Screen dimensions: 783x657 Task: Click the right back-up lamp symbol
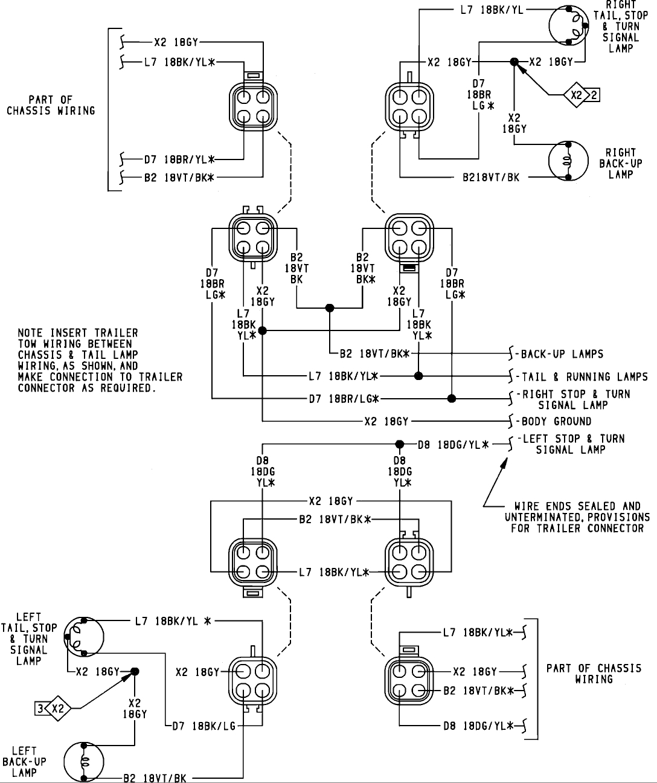(568, 161)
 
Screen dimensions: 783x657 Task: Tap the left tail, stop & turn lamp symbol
(83, 636)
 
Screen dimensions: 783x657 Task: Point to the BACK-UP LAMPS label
(562, 354)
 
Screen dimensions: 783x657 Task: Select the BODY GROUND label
(556, 421)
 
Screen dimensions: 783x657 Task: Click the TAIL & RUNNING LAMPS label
(584, 376)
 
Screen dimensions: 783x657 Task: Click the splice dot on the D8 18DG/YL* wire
(399, 444)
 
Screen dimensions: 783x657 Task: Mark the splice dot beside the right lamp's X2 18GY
(514, 62)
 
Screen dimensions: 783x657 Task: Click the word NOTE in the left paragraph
(31, 333)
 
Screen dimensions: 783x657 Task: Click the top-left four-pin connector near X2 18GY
(253, 106)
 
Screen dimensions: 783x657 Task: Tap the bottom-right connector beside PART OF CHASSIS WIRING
(409, 681)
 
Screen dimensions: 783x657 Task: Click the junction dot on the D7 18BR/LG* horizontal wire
(452, 399)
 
